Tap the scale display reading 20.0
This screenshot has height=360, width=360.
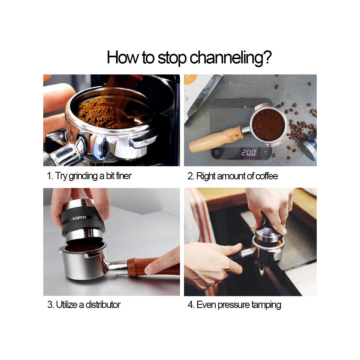(x=248, y=152)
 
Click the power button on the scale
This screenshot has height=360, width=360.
(x=217, y=152)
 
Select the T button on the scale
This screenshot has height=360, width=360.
(x=266, y=153)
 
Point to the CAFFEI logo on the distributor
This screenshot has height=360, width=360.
(x=80, y=218)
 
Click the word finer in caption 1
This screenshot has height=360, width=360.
(x=124, y=176)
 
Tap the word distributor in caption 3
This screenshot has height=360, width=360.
(x=103, y=305)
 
